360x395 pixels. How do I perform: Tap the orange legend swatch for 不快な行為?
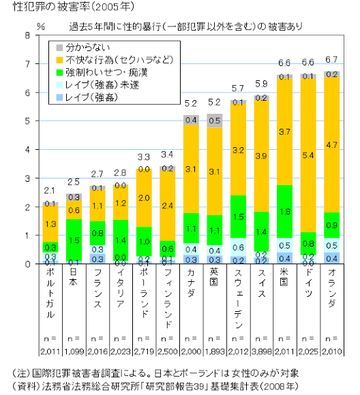[x=60, y=59]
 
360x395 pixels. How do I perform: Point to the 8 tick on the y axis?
[x=27, y=35]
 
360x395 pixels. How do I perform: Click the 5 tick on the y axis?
[x=27, y=121]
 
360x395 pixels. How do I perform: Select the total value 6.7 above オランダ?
[x=332, y=59]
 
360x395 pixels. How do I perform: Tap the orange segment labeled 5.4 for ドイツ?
[x=308, y=156]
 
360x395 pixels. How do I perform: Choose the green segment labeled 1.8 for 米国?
[x=284, y=211]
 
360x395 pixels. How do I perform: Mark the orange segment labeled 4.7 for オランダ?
[x=332, y=145]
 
